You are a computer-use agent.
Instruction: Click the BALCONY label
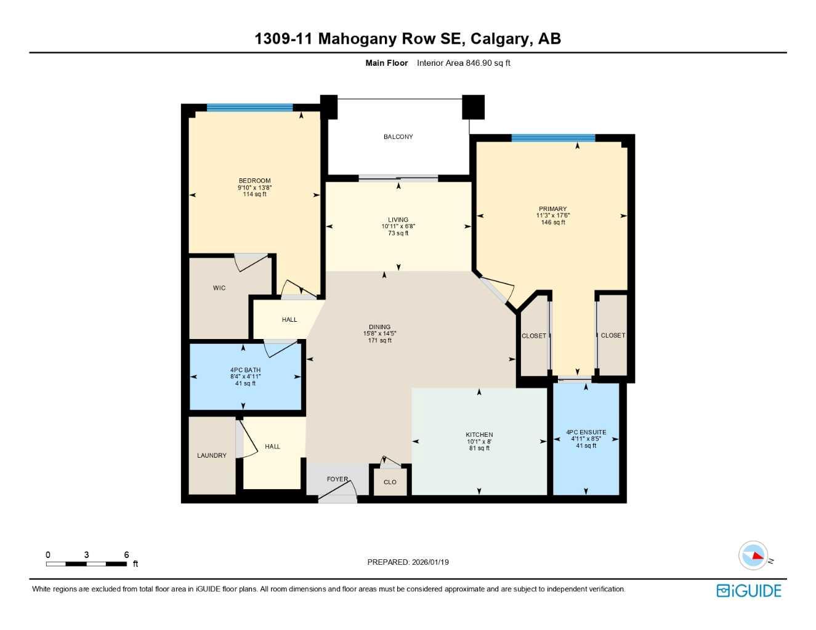398,137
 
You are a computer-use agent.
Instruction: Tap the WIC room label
219,288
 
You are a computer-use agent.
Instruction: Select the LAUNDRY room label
211,455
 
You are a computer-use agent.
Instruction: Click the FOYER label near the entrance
337,479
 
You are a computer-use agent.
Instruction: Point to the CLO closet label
390,482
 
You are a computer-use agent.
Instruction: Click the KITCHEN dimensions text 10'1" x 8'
479,441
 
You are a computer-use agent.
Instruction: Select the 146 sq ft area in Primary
553,222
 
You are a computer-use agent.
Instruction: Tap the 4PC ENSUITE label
586,432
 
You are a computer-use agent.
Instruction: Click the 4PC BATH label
245,370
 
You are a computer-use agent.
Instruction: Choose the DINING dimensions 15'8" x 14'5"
379,333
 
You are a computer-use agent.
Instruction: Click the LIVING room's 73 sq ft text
398,233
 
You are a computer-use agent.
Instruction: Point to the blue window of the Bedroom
249,108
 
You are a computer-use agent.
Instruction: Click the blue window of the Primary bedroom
552,138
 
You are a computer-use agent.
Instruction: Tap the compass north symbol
754,556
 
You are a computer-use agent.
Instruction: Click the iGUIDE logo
749,591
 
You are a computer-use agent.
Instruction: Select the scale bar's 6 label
126,555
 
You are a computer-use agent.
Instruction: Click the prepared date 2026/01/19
430,562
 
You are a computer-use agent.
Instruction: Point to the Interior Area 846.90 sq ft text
463,63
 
